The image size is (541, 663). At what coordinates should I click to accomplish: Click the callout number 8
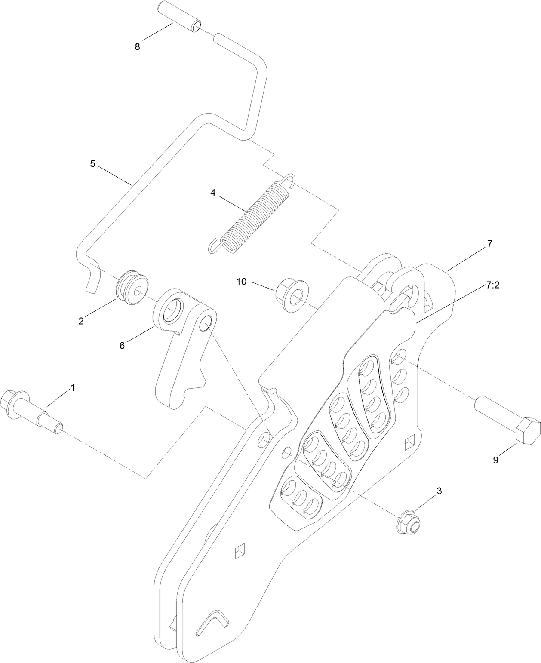pyautogui.click(x=137, y=47)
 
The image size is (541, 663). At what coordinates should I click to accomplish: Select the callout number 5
pyautogui.click(x=92, y=163)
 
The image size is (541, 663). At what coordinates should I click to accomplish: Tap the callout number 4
pyautogui.click(x=213, y=193)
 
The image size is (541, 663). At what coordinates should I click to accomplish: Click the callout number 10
pyautogui.click(x=241, y=282)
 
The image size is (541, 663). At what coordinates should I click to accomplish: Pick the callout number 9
pyautogui.click(x=495, y=460)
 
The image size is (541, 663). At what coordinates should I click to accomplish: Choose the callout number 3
pyautogui.click(x=439, y=491)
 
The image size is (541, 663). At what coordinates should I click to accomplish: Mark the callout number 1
pyautogui.click(x=72, y=387)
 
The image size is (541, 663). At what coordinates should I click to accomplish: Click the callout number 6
pyautogui.click(x=122, y=345)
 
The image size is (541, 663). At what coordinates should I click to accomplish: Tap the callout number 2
pyautogui.click(x=81, y=321)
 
